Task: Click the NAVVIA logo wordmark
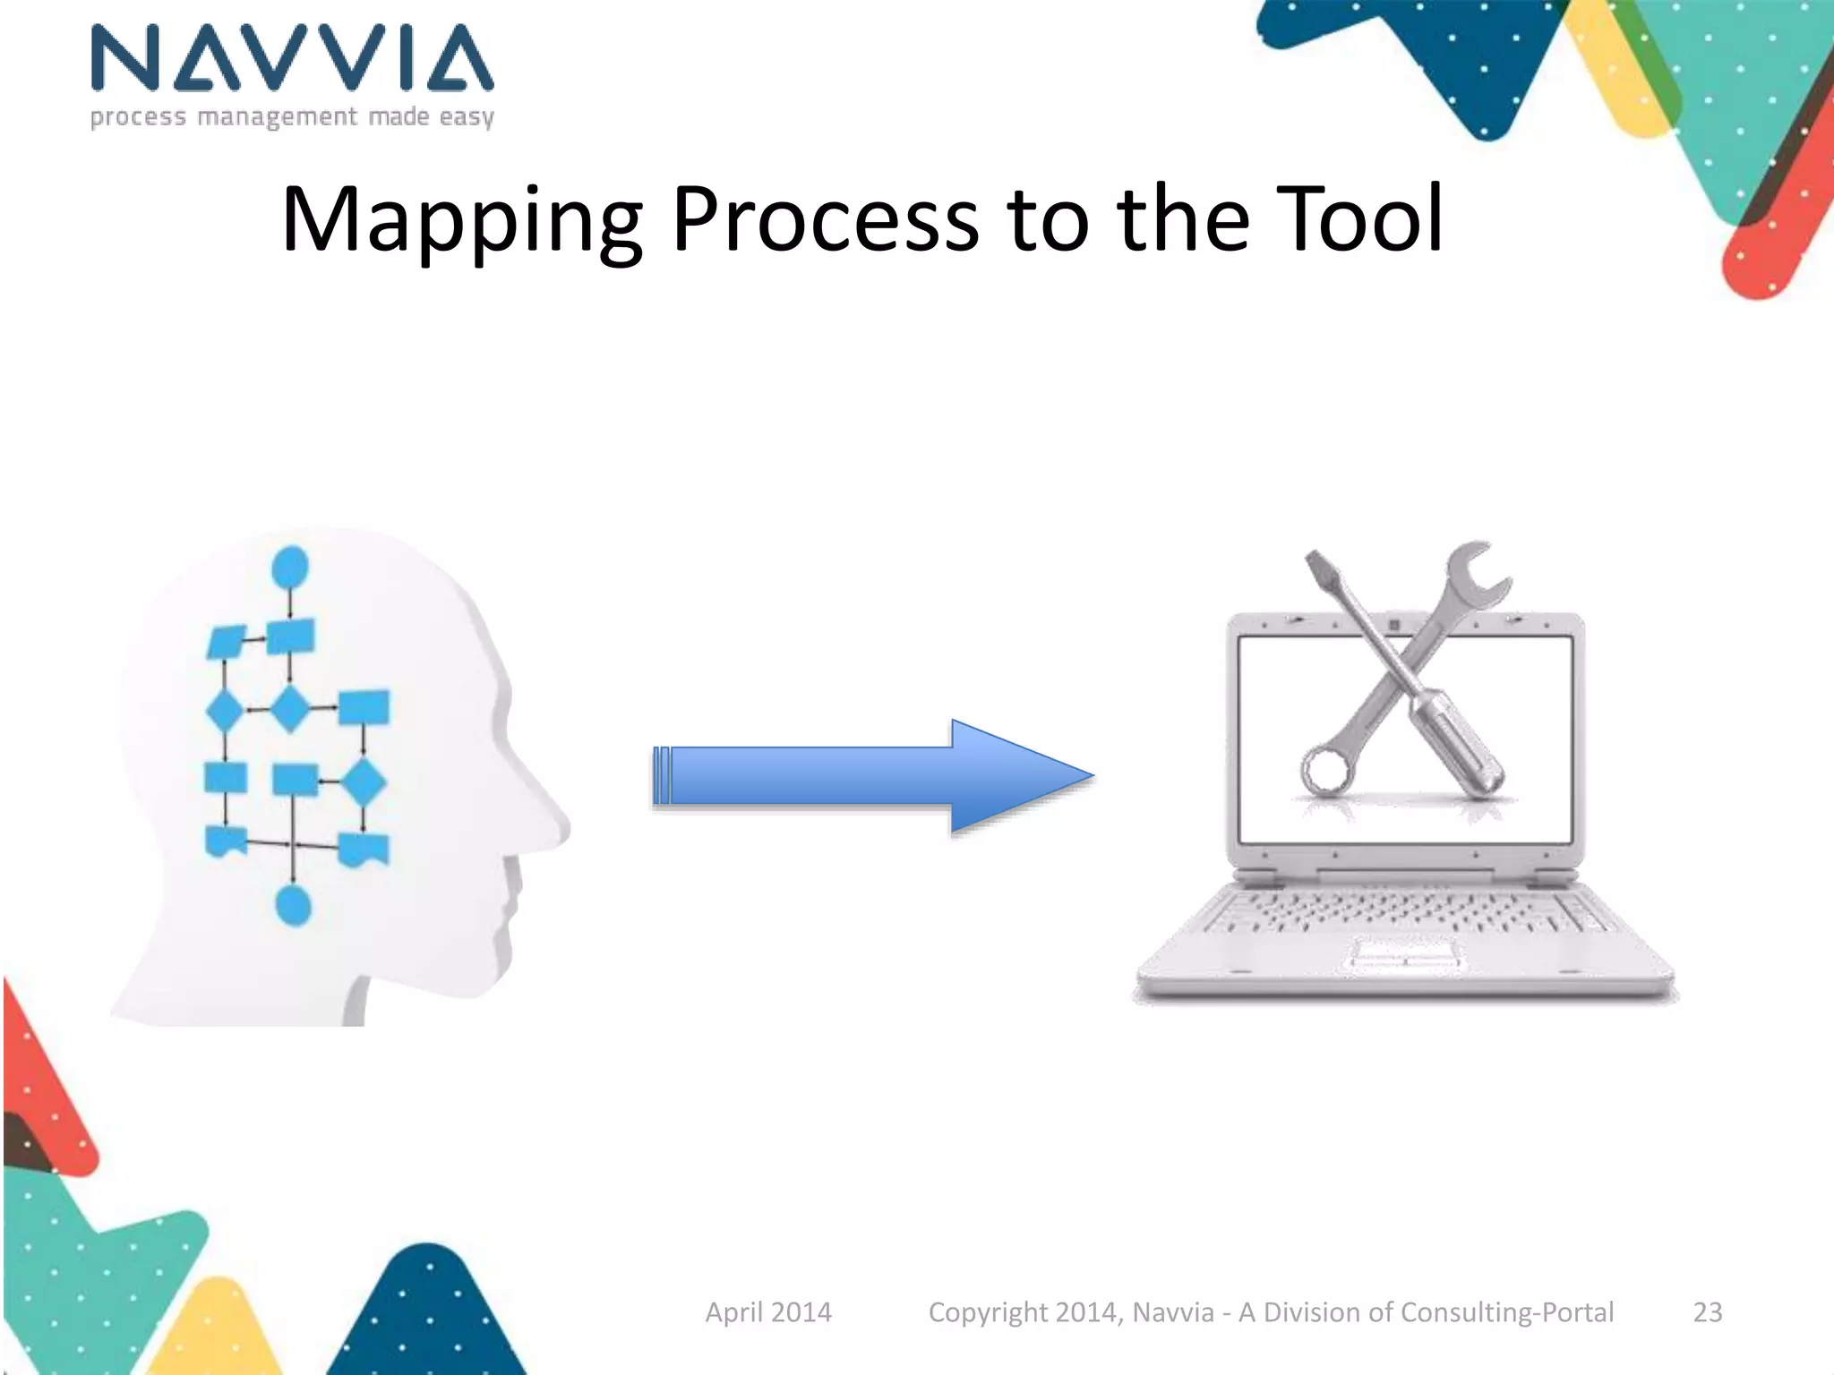(292, 58)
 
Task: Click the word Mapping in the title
(461, 219)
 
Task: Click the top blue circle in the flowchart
(289, 568)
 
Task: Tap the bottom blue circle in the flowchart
(293, 906)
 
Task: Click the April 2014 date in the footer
(768, 1312)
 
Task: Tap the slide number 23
(1707, 1312)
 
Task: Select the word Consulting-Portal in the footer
(1507, 1312)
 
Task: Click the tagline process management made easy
(292, 117)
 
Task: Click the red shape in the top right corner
(1769, 242)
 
